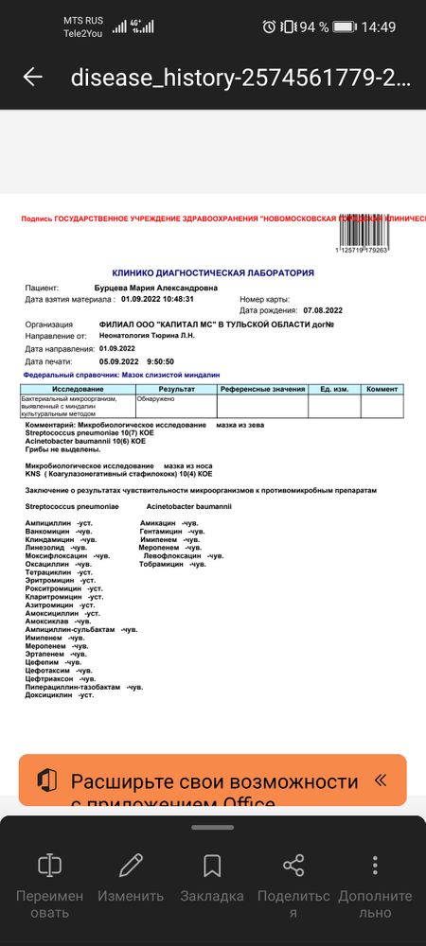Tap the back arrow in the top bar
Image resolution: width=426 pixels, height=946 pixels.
point(33,77)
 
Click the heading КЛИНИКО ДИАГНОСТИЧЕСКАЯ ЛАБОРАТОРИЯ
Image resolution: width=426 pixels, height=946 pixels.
point(213,272)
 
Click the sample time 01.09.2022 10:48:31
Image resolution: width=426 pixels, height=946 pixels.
point(157,298)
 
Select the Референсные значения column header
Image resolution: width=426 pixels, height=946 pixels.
point(262,389)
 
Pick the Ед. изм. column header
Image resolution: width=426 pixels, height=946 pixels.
point(334,389)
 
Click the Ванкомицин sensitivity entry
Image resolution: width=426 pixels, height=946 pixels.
point(58,531)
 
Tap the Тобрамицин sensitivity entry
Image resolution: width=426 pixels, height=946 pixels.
point(172,564)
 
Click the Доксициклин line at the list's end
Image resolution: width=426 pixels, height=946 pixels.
point(60,695)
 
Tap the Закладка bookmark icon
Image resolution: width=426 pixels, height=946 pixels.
point(212,865)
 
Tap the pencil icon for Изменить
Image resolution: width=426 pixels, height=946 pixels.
point(131,865)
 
